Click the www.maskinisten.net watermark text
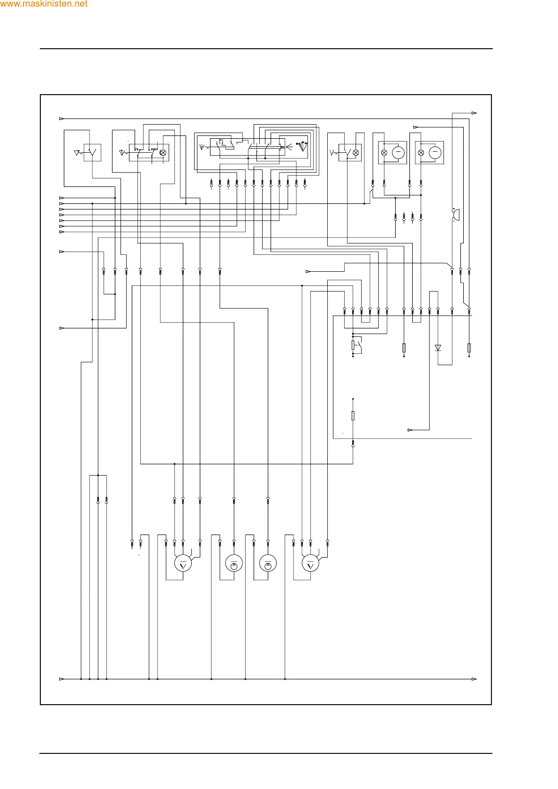click(44, 4)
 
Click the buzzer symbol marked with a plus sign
click(455, 215)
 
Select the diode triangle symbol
click(438, 348)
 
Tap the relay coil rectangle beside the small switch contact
click(353, 345)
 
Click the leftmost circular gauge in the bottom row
click(183, 564)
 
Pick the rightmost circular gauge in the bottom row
click(310, 564)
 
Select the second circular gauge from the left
click(234, 564)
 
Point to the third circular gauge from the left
click(268, 564)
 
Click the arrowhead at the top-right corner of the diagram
click(474, 113)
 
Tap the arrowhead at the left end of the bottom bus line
click(61, 679)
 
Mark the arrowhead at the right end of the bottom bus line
click(474, 679)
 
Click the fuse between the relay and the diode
click(404, 348)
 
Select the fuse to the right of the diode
click(469, 348)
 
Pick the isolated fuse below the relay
click(353, 416)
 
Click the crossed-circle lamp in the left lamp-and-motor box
click(384, 153)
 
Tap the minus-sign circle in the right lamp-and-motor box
click(435, 152)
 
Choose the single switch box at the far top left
click(92, 153)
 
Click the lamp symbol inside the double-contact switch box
click(163, 153)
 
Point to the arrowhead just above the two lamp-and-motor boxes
click(415, 127)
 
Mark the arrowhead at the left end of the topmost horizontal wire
click(61, 119)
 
